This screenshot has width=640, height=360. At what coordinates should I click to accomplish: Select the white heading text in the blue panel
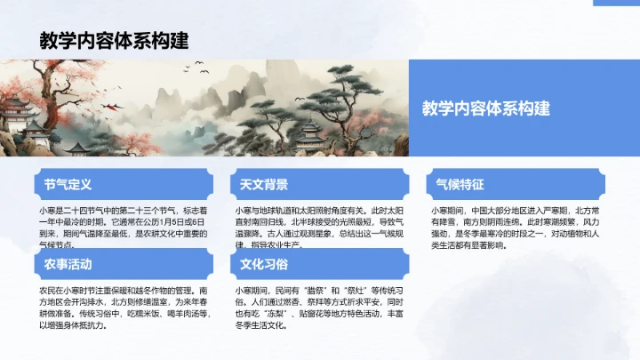tap(486, 108)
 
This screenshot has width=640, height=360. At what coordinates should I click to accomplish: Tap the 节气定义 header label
tap(68, 185)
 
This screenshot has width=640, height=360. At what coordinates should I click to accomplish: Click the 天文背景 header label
tap(264, 185)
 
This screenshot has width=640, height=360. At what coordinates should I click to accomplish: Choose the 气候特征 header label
tap(460, 185)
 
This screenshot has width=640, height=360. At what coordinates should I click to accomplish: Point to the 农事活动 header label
tap(68, 265)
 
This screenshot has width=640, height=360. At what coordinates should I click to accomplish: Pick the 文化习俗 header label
tap(264, 265)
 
